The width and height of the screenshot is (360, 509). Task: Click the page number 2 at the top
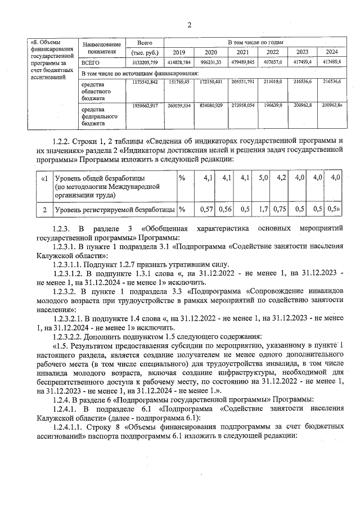(189, 24)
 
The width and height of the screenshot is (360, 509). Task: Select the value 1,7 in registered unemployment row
(263, 209)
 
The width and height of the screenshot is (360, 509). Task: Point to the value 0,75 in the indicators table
(280, 209)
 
